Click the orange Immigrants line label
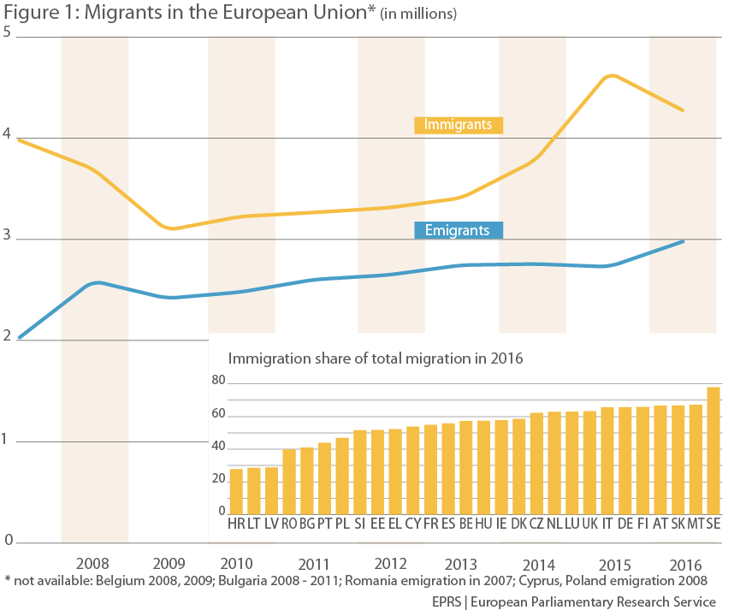pyautogui.click(x=459, y=125)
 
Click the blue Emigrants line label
pyautogui.click(x=458, y=230)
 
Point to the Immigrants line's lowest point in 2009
pyautogui.click(x=173, y=228)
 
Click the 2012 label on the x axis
pyautogui.click(x=390, y=565)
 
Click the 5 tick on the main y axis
pyautogui.click(x=8, y=33)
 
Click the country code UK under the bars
pyautogui.click(x=589, y=522)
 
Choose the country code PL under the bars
pyautogui.click(x=342, y=522)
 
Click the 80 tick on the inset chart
pyautogui.click(x=218, y=381)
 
